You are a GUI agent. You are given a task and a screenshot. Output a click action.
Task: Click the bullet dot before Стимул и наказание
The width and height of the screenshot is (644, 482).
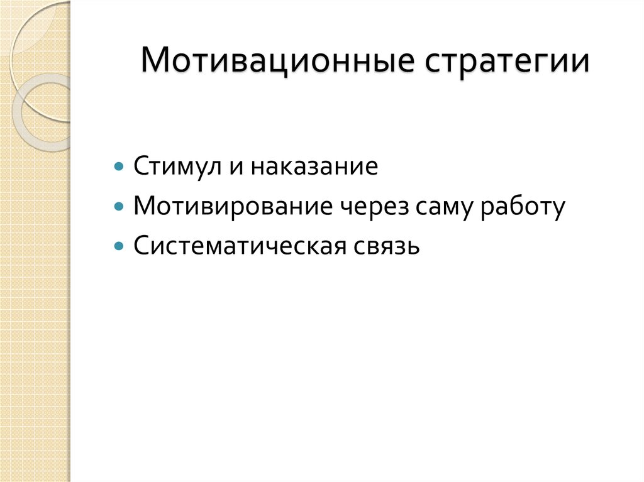coord(119,168)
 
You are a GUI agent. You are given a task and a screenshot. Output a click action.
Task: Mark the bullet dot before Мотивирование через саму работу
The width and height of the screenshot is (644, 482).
coord(119,207)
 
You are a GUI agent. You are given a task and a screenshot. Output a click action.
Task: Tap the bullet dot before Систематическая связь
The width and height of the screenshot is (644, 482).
coord(119,246)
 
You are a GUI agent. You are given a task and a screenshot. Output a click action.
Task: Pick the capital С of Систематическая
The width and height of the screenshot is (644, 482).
coord(141,245)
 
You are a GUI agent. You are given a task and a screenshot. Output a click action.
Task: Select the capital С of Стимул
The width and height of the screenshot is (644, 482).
coord(141,167)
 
